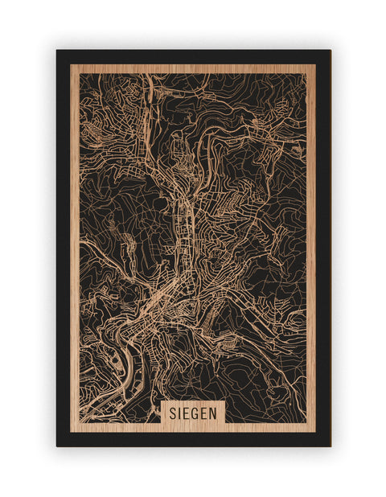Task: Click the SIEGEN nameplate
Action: (193, 412)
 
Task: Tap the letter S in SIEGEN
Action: (172, 412)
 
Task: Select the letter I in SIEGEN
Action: (179, 412)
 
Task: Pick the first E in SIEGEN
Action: (187, 412)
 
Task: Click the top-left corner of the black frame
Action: (57, 51)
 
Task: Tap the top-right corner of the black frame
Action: (330, 51)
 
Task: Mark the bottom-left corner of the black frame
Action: (57, 446)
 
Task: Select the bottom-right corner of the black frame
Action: (330, 446)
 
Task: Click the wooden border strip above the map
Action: (193, 69)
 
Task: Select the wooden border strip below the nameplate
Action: (193, 428)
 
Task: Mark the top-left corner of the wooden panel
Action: (71, 65)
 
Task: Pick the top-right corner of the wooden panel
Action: (315, 65)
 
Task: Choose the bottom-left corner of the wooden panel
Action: (71, 432)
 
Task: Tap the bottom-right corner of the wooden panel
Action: (315, 432)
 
